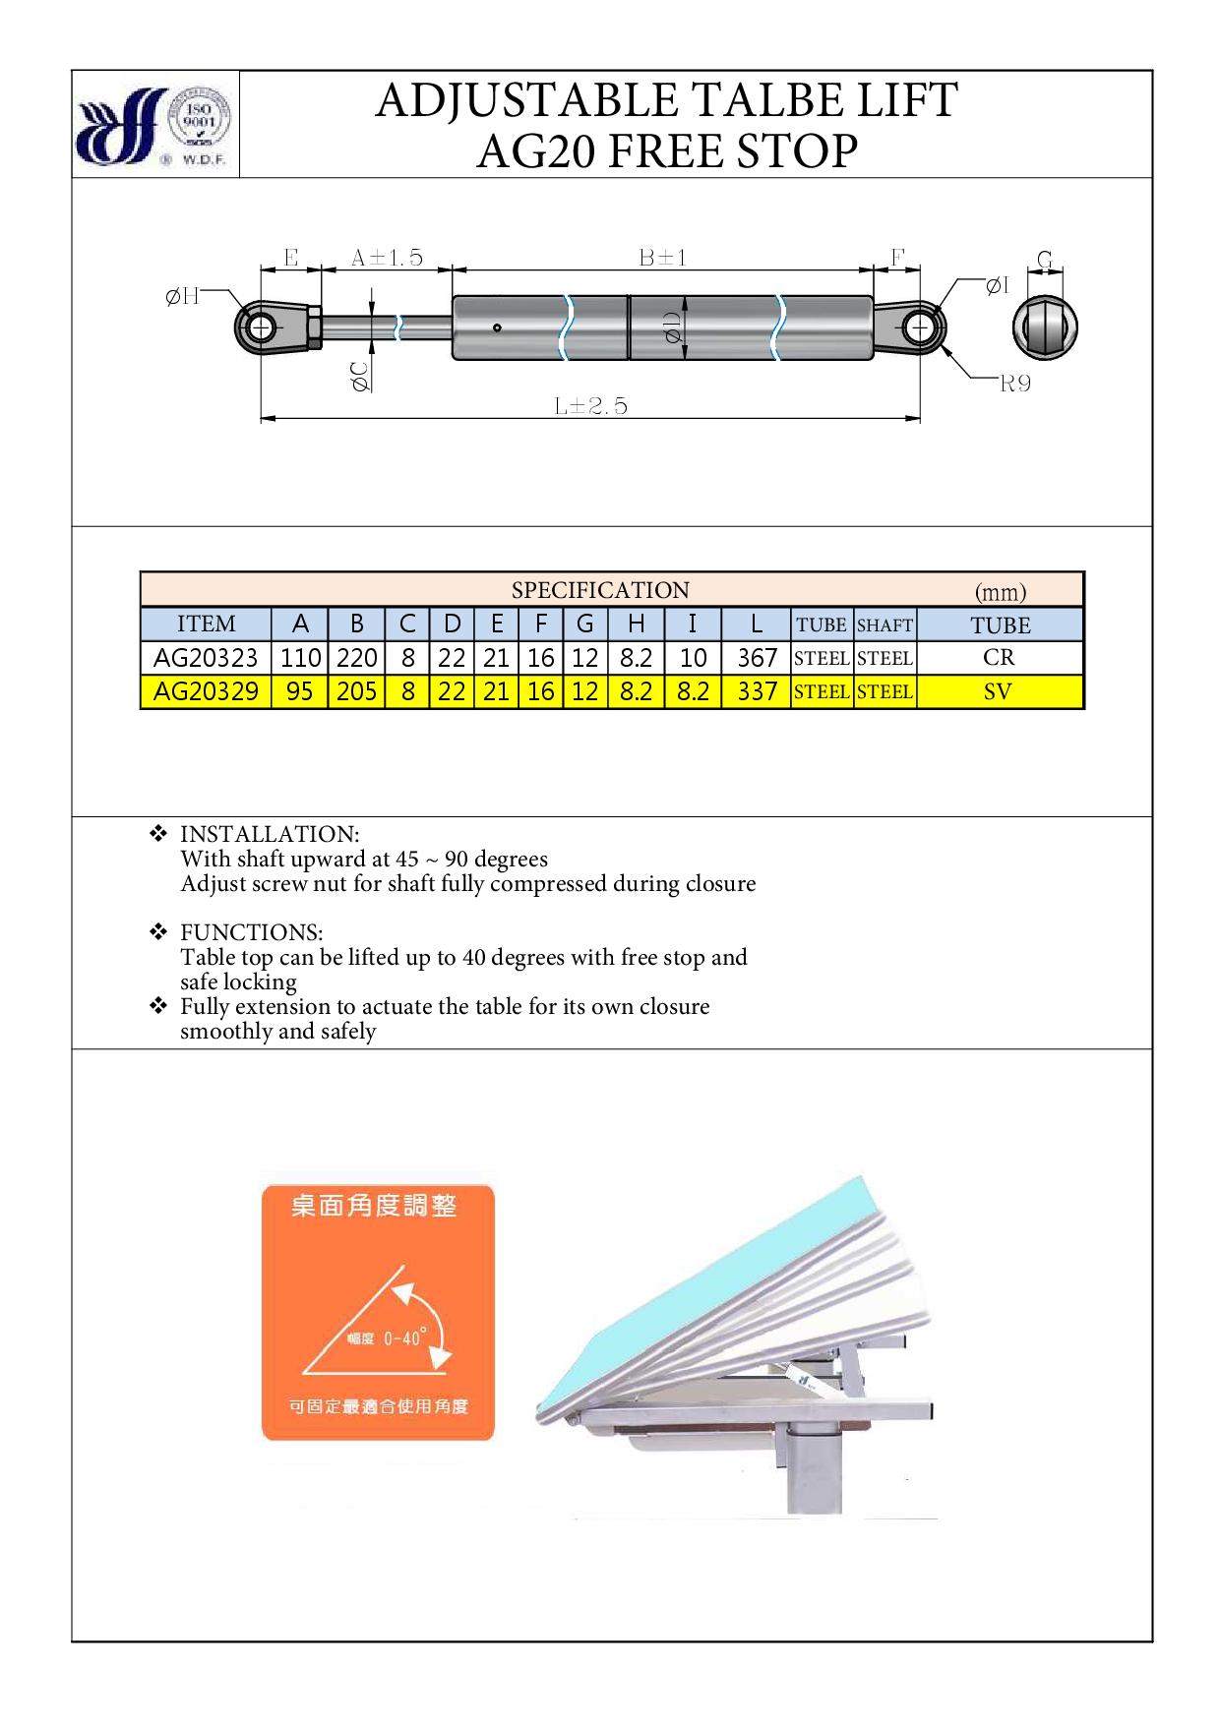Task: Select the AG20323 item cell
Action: tap(206, 657)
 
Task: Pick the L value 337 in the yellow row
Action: tap(757, 691)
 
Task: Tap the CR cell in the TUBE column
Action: tap(999, 657)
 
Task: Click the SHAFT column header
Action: tap(884, 625)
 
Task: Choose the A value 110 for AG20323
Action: tap(300, 657)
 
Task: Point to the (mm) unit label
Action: tap(1000, 591)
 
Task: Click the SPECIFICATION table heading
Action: tap(600, 590)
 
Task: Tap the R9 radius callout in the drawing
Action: tap(1014, 384)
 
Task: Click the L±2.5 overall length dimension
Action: tap(590, 405)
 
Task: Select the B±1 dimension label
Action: tap(662, 258)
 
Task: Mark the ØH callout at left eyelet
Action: tap(182, 296)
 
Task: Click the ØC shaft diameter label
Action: tap(360, 377)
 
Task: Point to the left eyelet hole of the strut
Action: tap(261, 327)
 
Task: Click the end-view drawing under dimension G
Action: tap(1045, 327)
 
